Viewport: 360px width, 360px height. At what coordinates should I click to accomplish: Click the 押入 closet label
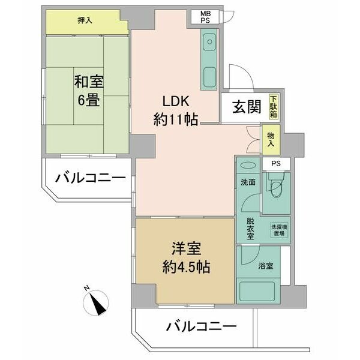pyautogui.click(x=85, y=20)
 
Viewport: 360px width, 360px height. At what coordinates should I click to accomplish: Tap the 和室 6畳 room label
pyautogui.click(x=89, y=91)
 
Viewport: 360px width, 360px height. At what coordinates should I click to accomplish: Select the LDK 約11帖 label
pyautogui.click(x=176, y=110)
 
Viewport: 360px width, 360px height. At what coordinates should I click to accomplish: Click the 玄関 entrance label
pyautogui.click(x=247, y=107)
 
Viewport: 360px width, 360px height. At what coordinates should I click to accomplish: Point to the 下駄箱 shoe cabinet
pyautogui.click(x=274, y=107)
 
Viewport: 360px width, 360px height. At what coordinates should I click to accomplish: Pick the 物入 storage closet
pyautogui.click(x=271, y=140)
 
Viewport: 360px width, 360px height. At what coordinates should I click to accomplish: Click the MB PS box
pyautogui.click(x=205, y=17)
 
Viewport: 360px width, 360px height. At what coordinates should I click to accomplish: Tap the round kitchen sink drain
pyautogui.click(x=209, y=42)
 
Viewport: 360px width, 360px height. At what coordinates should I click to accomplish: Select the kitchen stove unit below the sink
pyautogui.click(x=209, y=77)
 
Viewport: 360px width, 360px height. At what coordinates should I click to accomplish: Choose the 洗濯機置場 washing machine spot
pyautogui.click(x=279, y=230)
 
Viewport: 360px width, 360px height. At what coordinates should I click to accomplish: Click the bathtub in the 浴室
pyautogui.click(x=258, y=291)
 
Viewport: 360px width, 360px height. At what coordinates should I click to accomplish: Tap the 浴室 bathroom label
pyautogui.click(x=266, y=266)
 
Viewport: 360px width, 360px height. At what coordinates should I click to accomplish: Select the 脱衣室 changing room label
pyautogui.click(x=250, y=229)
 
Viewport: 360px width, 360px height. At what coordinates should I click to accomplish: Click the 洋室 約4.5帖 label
pyautogui.click(x=186, y=258)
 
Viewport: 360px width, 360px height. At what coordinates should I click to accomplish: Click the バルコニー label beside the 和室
pyautogui.click(x=91, y=178)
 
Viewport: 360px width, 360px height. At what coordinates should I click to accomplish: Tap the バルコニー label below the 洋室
pyautogui.click(x=202, y=326)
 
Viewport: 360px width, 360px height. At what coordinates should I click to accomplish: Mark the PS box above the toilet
pyautogui.click(x=276, y=164)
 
